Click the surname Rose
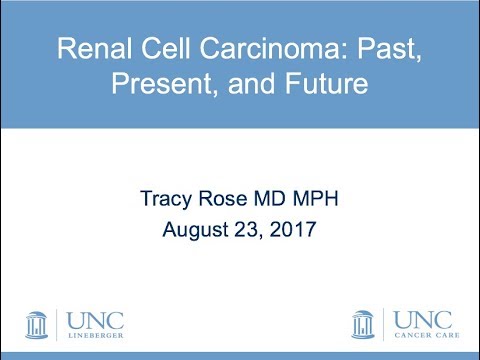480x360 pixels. [221, 199]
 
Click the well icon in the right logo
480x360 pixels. [364, 324]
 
